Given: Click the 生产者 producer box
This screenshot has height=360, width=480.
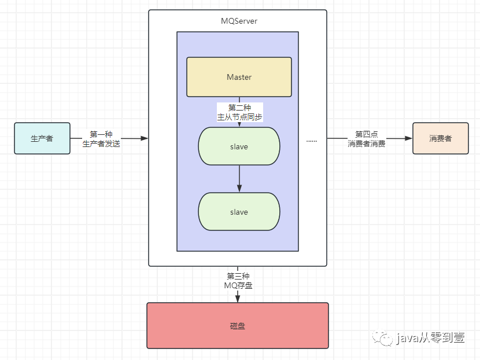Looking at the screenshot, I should pyautogui.click(x=42, y=138).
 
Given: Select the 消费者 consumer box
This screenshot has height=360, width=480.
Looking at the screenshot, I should pyautogui.click(x=440, y=138).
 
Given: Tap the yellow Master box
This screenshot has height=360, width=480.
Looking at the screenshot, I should pyautogui.click(x=239, y=77).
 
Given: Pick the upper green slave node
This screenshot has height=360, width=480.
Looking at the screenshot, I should pyautogui.click(x=239, y=146).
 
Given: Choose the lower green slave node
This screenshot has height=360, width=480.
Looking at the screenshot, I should pyautogui.click(x=239, y=212).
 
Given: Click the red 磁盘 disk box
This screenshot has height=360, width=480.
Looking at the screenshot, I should pyautogui.click(x=238, y=325).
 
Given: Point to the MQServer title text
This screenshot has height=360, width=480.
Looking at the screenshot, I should pyautogui.click(x=239, y=21).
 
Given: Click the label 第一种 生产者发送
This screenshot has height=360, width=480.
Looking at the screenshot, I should pyautogui.click(x=101, y=139).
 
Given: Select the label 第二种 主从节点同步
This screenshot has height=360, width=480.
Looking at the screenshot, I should pyautogui.click(x=239, y=112).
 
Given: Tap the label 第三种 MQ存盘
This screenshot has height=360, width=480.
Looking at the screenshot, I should pyautogui.click(x=238, y=281).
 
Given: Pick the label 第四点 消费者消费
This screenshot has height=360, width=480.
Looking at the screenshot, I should pyautogui.click(x=367, y=139).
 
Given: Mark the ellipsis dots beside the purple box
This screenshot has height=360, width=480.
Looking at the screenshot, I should pyautogui.click(x=312, y=141).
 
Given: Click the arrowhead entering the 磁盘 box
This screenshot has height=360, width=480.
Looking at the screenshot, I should pyautogui.click(x=238, y=299).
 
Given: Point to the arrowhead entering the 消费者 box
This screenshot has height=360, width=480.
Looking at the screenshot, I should pyautogui.click(x=408, y=138).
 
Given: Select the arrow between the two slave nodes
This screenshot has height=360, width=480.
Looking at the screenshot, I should pyautogui.click(x=239, y=179).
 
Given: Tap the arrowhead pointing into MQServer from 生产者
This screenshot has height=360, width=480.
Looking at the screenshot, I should pyautogui.click(x=145, y=138).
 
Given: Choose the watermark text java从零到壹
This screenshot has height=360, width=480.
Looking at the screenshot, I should pyautogui.click(x=431, y=338).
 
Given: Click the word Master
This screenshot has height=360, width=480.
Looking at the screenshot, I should pyautogui.click(x=239, y=77).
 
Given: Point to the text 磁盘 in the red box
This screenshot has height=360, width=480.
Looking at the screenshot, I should pyautogui.click(x=238, y=326).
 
